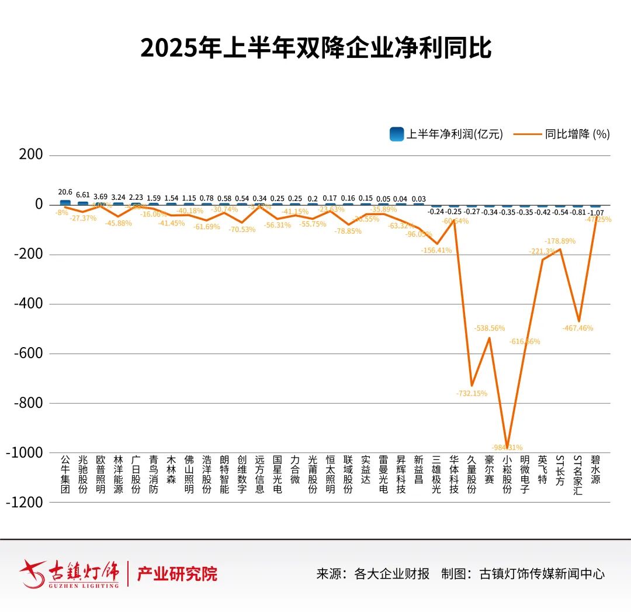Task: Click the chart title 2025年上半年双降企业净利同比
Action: (x=315, y=48)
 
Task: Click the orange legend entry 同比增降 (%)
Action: (x=562, y=134)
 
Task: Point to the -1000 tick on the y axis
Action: (x=25, y=453)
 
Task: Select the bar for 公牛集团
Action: (x=65, y=202)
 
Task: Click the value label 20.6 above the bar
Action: (x=65, y=192)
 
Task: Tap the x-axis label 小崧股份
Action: (x=507, y=475)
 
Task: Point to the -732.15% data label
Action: (x=471, y=393)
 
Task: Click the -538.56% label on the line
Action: (x=490, y=328)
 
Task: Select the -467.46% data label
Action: (x=578, y=328)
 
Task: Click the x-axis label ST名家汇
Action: (x=578, y=475)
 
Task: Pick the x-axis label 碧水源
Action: (x=595, y=470)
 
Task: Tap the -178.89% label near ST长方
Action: (x=560, y=241)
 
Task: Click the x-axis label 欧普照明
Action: (x=100, y=475)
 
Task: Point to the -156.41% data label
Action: (x=436, y=250)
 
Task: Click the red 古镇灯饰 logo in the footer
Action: (x=70, y=573)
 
